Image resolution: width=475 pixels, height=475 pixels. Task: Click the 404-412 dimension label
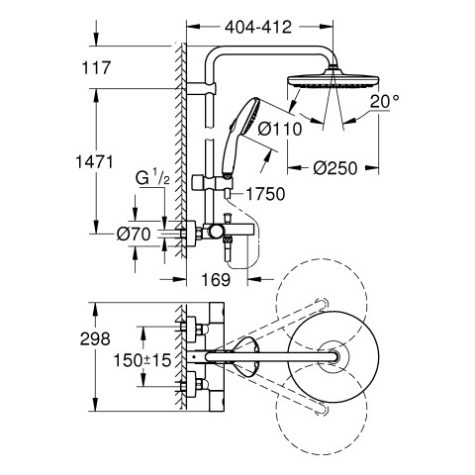click(x=258, y=28)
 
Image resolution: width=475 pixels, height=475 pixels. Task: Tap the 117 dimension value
click(x=96, y=68)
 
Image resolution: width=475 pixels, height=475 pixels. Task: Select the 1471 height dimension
click(x=95, y=162)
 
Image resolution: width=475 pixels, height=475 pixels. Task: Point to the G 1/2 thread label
click(x=152, y=178)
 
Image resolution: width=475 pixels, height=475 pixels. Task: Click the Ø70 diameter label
click(x=134, y=235)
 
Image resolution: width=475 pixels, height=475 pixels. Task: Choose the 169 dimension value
click(x=216, y=280)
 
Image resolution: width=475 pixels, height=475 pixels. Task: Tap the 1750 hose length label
click(x=265, y=194)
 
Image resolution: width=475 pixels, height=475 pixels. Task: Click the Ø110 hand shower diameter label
click(x=280, y=129)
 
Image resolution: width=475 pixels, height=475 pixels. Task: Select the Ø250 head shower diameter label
click(x=335, y=168)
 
